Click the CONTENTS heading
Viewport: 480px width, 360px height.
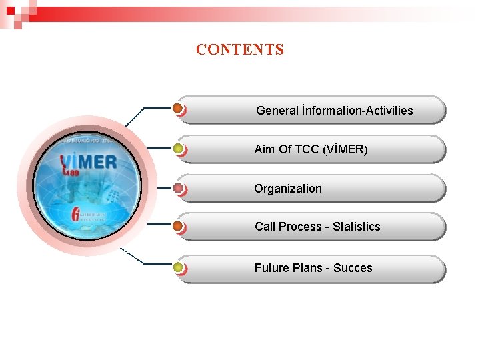240,49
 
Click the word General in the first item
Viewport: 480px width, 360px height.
277,111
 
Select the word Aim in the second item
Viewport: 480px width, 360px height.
265,149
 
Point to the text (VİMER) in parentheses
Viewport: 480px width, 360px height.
345,149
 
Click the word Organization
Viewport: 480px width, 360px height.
287,189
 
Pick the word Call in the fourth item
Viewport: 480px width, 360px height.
265,227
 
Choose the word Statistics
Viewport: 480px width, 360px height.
356,227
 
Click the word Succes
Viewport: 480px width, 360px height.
353,268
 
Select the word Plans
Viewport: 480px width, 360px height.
311,268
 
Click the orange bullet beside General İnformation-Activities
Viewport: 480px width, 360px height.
178,108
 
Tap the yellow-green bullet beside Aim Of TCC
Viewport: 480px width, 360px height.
178,149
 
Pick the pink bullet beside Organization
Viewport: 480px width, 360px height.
178,189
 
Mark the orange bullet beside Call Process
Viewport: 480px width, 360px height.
178,227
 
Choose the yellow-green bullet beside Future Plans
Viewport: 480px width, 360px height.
178,268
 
